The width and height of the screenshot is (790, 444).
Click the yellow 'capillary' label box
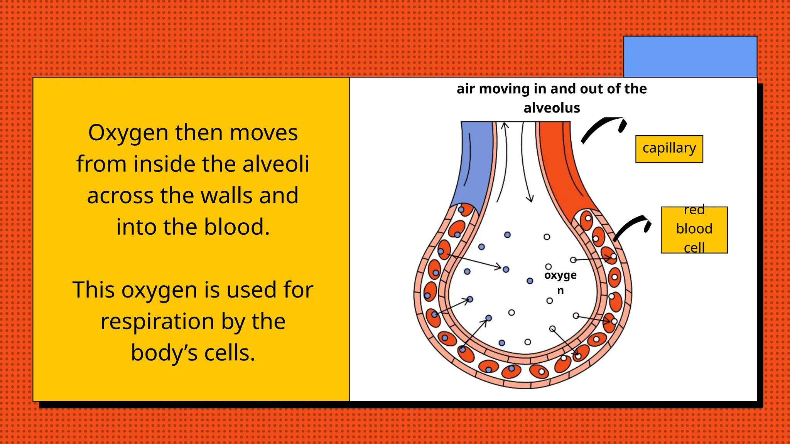(669, 149)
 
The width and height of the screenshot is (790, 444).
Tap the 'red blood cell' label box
(694, 230)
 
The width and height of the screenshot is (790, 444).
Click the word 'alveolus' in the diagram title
(552, 108)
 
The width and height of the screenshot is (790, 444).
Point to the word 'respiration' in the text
(157, 321)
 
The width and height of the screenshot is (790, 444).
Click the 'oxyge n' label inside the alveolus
(560, 282)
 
